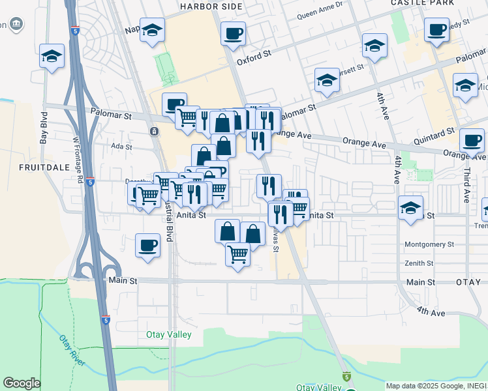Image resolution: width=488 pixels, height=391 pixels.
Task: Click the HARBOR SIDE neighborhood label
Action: click(211, 7)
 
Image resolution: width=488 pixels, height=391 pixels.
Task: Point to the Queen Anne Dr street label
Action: click(320, 14)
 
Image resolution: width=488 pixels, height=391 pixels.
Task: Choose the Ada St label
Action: click(122, 147)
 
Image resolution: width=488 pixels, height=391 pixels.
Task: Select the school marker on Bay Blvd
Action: click(52, 56)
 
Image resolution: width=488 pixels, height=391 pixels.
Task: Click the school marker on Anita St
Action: click(410, 209)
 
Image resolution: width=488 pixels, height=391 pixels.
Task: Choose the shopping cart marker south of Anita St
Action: click(238, 253)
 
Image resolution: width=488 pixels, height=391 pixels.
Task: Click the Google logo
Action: click(22, 383)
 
